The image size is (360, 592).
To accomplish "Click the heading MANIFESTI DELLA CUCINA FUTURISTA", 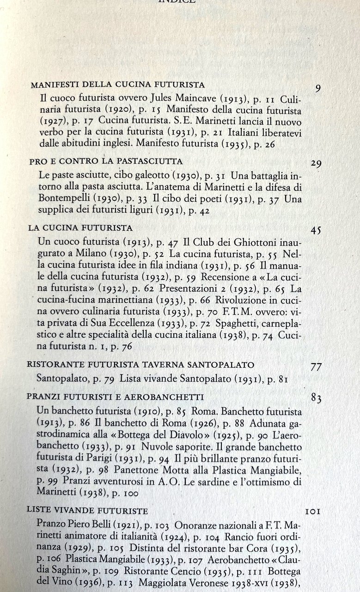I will [117, 85].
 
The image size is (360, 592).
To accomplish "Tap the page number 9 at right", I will [318, 88].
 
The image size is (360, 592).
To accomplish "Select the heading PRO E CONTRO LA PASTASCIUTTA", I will [106, 161].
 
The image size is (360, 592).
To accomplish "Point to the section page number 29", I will [316, 164].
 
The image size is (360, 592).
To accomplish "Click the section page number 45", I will [316, 230].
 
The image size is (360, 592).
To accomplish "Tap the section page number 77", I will [316, 367].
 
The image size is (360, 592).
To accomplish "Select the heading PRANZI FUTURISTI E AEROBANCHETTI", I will [115, 397].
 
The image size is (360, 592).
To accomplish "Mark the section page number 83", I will [316, 398].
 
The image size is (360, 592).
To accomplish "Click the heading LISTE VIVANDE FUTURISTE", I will [87, 511].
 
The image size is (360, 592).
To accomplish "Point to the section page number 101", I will [313, 512].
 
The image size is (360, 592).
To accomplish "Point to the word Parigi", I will [102, 458].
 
